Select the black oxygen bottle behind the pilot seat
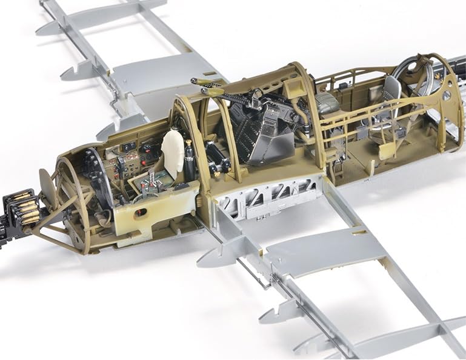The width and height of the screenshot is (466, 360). pos(190,161)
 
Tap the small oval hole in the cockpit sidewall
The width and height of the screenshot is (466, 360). pos(141,212)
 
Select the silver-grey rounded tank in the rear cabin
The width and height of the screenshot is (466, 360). pos(327,103)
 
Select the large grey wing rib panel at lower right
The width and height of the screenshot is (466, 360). pos(321,248)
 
